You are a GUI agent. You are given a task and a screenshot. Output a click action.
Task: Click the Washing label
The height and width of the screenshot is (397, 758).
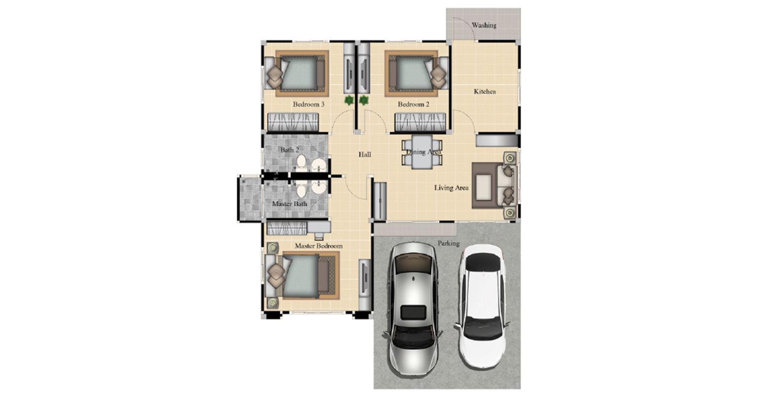[484, 25]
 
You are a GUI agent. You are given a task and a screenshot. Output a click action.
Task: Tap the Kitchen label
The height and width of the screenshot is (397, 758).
[485, 92]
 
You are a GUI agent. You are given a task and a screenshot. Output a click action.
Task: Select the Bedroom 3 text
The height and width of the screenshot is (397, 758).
[309, 104]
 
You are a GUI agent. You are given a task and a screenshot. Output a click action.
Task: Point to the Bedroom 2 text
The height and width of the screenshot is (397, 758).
[413, 104]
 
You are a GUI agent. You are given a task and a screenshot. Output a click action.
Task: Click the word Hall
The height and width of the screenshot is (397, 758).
[365, 155]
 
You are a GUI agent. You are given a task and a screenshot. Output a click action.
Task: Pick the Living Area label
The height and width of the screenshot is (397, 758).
[451, 188]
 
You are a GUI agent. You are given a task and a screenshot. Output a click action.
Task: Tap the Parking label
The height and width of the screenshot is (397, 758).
[448, 243]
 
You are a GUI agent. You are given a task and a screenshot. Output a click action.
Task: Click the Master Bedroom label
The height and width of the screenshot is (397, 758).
[318, 246]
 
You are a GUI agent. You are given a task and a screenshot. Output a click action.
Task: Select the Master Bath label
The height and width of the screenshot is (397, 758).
[290, 204]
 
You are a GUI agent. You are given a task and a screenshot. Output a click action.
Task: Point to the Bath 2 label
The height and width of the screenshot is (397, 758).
[290, 150]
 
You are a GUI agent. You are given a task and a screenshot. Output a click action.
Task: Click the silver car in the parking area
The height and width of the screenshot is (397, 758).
[413, 308]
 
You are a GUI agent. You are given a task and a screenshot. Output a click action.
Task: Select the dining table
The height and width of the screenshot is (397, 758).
[422, 152]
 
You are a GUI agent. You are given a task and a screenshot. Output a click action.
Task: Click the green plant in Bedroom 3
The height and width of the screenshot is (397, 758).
[349, 100]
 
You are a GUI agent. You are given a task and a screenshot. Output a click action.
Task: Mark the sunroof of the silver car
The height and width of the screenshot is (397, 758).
[413, 313]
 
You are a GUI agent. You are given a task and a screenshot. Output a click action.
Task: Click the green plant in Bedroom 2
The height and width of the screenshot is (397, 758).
[364, 100]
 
